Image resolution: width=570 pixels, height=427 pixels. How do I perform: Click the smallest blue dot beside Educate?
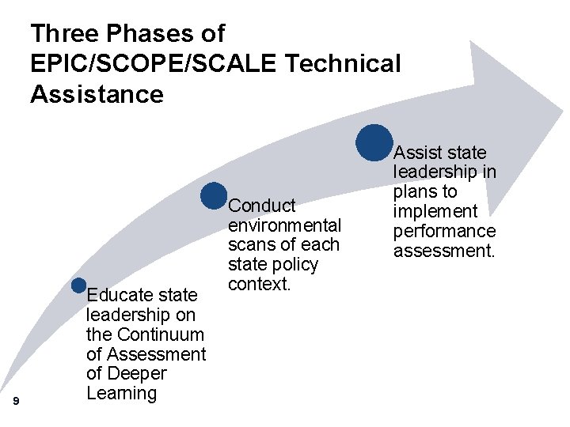78,285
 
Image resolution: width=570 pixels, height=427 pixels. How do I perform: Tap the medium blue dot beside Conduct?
214,196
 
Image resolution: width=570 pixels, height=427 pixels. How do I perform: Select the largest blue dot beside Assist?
374,142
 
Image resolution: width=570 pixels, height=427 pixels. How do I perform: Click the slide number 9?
17,402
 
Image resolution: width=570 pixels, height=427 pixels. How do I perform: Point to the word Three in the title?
66,34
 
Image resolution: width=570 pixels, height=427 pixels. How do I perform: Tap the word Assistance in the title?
97,94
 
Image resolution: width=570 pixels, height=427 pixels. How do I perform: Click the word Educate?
118,296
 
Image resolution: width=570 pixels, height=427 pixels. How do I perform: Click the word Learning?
121,393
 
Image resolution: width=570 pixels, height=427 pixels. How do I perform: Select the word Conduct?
262,206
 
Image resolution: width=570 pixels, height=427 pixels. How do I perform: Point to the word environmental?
284,225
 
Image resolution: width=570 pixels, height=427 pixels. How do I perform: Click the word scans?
250,245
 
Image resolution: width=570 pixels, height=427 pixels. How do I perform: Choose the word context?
260,284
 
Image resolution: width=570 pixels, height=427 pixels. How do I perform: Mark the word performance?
444,232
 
